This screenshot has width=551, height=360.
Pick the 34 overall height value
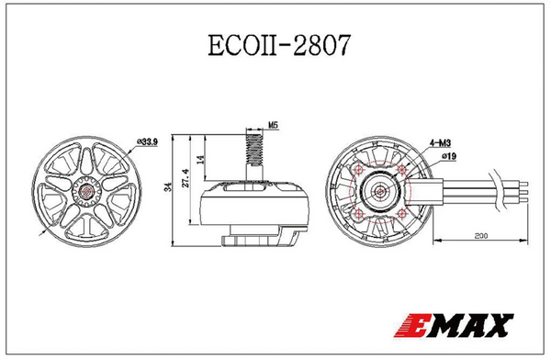(x=168, y=187)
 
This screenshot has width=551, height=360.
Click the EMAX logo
(x=455, y=324)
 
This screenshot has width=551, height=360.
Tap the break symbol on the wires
(x=500, y=194)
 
